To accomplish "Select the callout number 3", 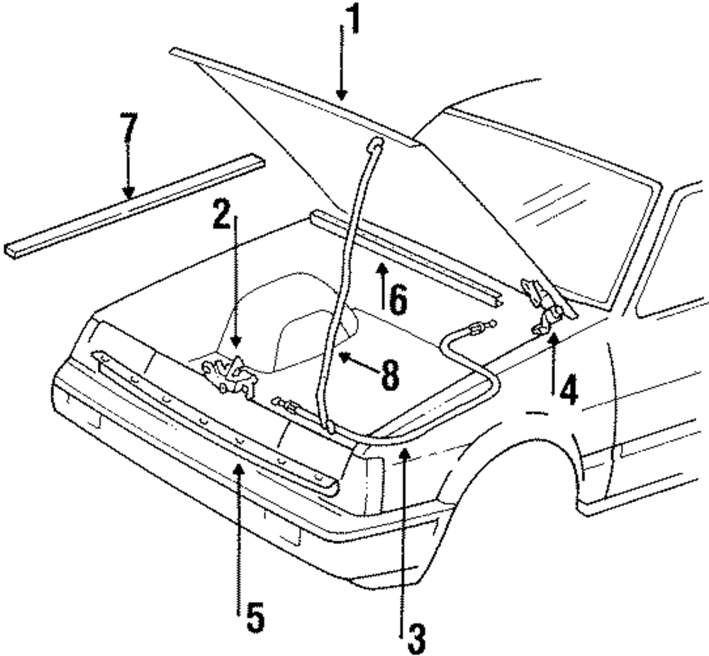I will click(415, 639).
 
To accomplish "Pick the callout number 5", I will click(255, 618).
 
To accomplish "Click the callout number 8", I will click(389, 375).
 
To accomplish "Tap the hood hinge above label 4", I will click(542, 304).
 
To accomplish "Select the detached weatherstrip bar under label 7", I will click(135, 206).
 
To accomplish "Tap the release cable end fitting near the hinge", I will click(476, 327).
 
